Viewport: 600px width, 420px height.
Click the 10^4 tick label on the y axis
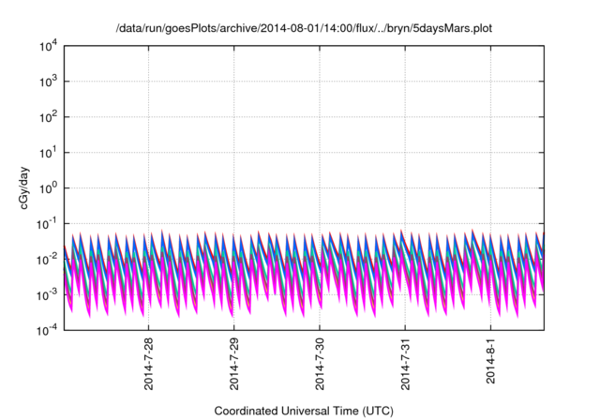pyautogui.click(x=47, y=46)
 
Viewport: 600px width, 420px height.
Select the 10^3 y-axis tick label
pyautogui.click(x=47, y=82)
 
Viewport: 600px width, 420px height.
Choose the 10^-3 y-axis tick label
pyautogui.click(x=46, y=294)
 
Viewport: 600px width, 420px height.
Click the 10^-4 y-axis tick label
pyautogui.click(x=46, y=330)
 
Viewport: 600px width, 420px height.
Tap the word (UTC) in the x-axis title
pyautogui.click(x=375, y=411)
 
